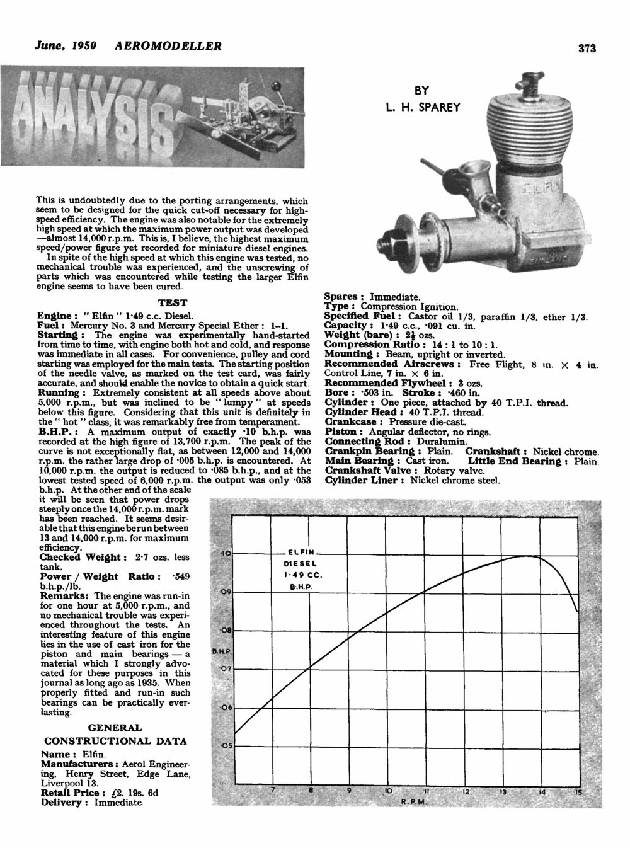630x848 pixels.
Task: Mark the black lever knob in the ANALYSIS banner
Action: pyautogui.click(x=275, y=84)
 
